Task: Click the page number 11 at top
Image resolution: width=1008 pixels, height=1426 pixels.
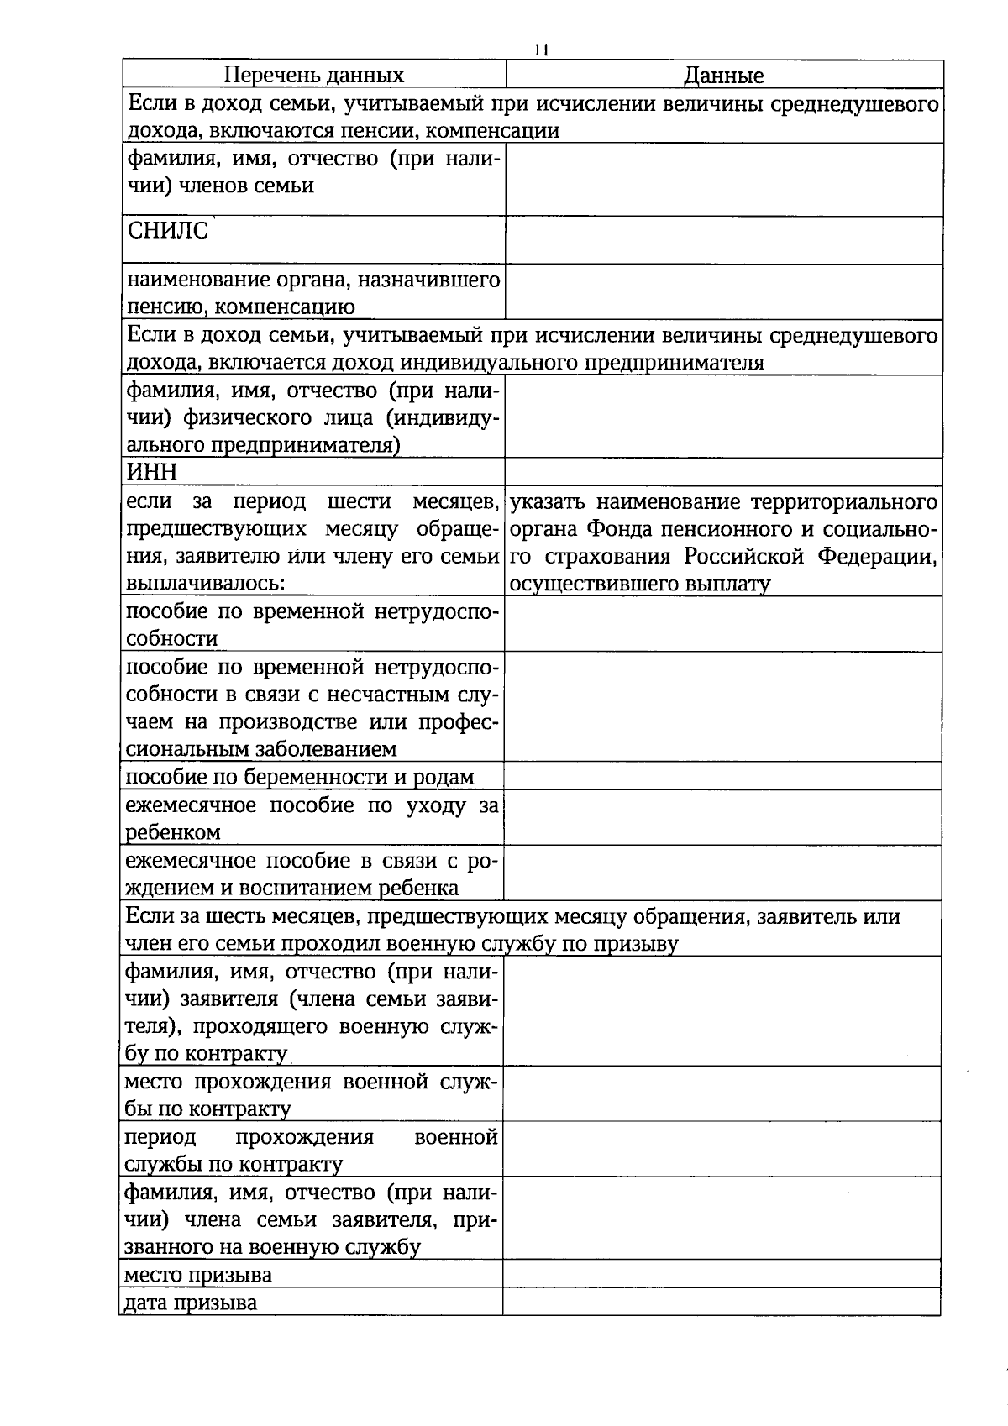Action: point(542,50)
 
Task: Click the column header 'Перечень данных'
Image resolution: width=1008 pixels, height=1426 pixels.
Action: point(313,76)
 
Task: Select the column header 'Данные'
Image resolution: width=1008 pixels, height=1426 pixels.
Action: point(723,76)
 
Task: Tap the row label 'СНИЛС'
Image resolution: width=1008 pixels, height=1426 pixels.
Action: point(167,231)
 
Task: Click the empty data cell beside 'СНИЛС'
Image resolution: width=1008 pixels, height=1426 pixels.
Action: point(723,240)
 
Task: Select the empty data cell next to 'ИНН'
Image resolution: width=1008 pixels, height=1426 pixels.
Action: point(723,472)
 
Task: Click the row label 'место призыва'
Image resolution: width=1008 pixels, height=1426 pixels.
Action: point(198,1275)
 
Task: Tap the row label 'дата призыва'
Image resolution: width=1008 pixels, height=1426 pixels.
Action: point(191,1303)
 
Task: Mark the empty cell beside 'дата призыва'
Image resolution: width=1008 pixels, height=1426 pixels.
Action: point(722,1302)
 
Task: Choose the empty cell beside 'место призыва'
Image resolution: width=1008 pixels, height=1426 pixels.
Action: point(722,1274)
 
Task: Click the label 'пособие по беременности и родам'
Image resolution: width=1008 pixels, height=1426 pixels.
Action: point(300,777)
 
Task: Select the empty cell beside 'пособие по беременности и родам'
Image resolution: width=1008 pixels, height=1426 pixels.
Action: point(722,776)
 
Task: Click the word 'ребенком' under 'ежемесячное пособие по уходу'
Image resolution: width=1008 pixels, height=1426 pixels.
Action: point(173,832)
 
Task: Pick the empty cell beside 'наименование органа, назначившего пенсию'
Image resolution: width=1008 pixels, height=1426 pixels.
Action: point(723,292)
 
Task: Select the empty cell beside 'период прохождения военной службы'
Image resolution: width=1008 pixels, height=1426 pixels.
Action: point(722,1150)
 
